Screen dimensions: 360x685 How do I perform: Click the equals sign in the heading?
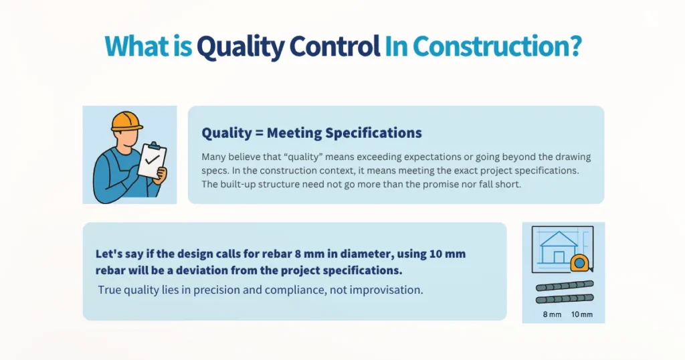click(258, 133)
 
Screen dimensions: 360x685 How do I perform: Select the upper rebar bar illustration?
click(565, 285)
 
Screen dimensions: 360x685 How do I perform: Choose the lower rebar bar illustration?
click(565, 299)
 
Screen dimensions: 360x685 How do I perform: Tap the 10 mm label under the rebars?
click(581, 314)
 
